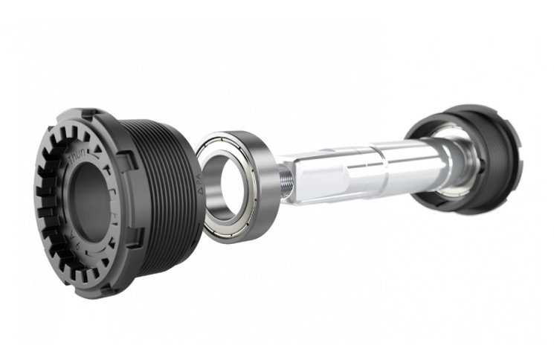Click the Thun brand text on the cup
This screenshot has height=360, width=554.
77,158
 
